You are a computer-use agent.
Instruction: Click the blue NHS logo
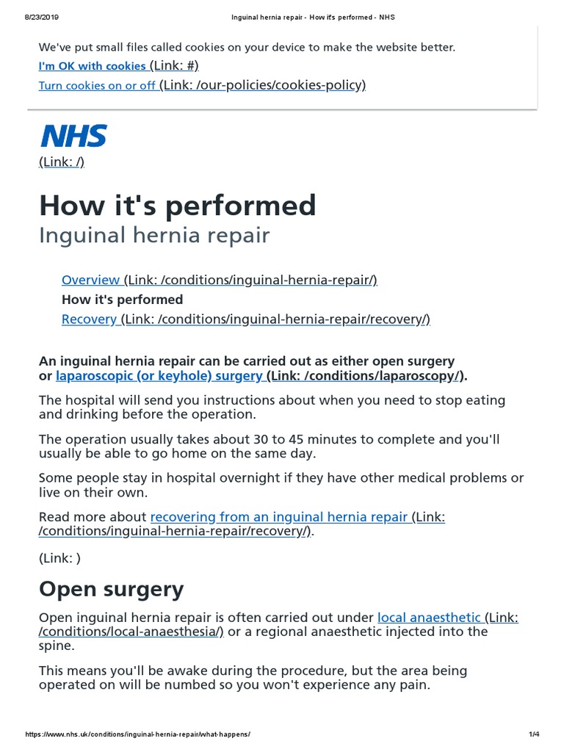(73, 136)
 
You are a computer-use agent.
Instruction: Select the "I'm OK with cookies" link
(92, 66)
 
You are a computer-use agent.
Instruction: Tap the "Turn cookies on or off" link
(97, 85)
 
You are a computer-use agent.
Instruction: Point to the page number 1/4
(534, 734)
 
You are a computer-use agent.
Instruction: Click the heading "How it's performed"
(177, 205)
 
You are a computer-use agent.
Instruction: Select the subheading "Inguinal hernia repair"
(154, 236)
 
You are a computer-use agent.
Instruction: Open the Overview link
(91, 280)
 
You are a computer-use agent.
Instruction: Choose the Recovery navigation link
(89, 319)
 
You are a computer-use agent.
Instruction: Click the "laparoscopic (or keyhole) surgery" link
(159, 376)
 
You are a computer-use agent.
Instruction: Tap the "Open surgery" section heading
(111, 589)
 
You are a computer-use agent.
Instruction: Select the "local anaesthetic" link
(430, 618)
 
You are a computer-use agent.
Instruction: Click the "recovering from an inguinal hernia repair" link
(279, 517)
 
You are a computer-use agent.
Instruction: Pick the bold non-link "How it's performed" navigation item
(122, 299)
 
